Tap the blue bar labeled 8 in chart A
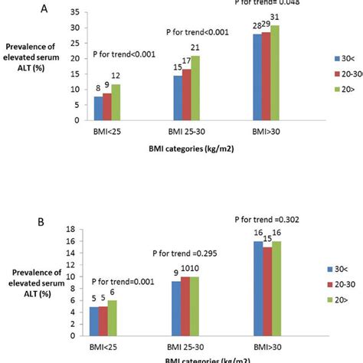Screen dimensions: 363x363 coord(98,108)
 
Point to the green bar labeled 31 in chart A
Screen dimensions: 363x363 coord(275,73)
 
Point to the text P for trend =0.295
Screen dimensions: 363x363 coord(186,253)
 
